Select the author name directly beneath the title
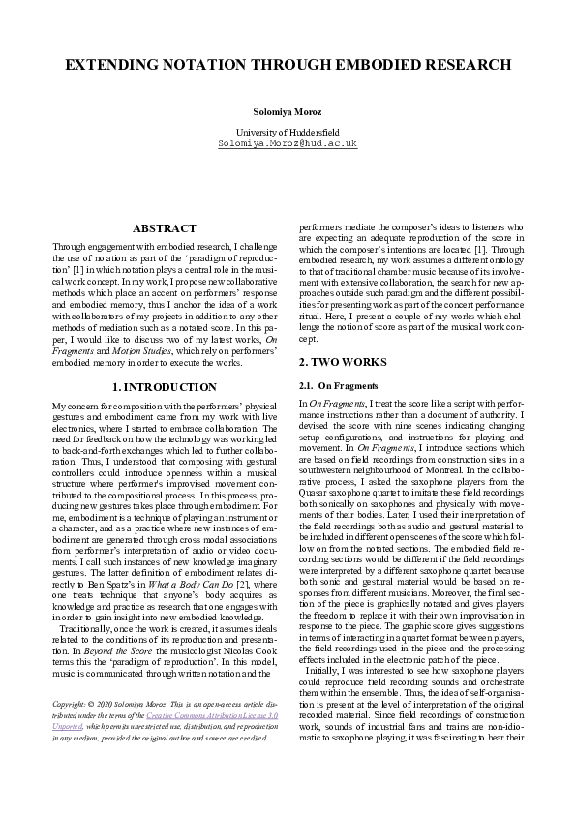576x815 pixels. coord(288,112)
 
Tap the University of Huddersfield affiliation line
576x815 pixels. coord(288,132)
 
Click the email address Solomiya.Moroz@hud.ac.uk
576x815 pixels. coord(288,143)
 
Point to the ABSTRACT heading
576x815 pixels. coord(165,229)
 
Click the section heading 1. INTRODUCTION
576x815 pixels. coord(165,387)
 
